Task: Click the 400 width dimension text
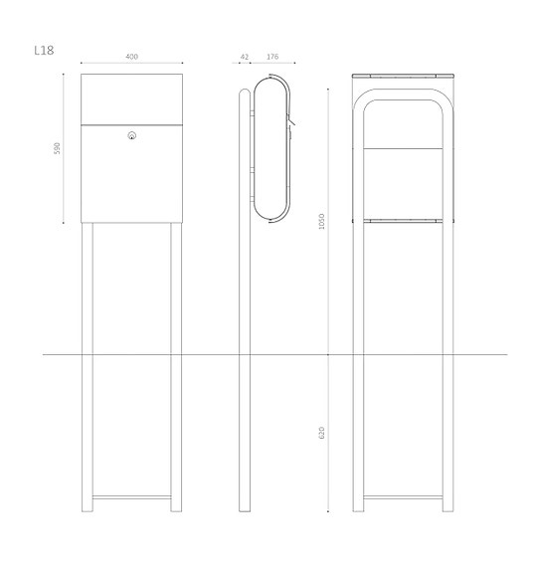[131, 57]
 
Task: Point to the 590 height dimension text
[59, 148]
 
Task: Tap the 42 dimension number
[246, 57]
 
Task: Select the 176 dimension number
[271, 57]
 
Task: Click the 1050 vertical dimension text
[321, 223]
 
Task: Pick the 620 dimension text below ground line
[321, 434]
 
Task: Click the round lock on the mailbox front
[131, 135]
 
